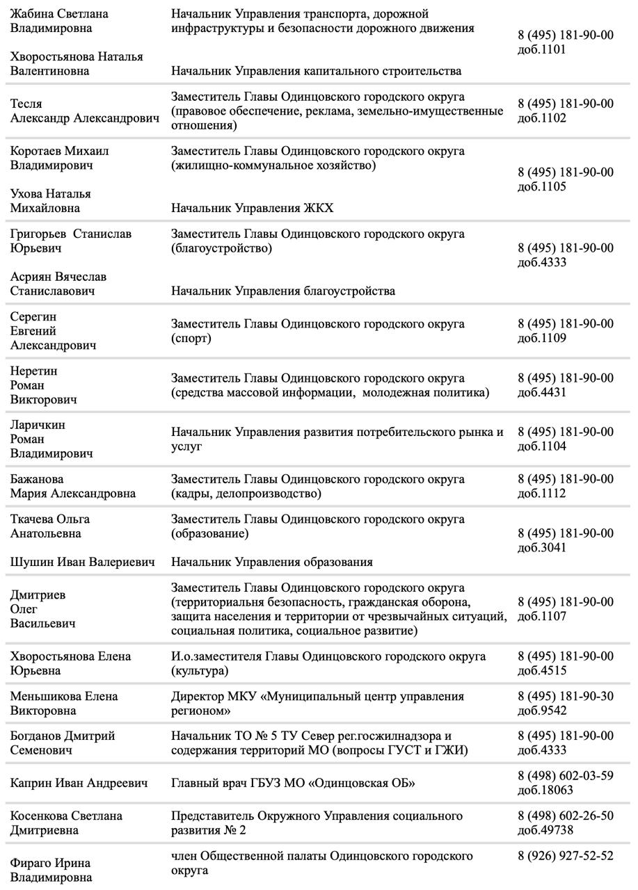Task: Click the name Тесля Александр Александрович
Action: tap(84, 111)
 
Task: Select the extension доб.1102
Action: tap(542, 119)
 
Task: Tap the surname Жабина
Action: tap(33, 14)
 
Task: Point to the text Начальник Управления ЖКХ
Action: tap(252, 208)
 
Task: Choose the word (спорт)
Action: tap(191, 339)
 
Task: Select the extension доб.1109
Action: tap(542, 339)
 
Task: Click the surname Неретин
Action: tap(33, 371)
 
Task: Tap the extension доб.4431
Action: tap(542, 393)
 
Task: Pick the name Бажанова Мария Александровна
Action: tap(72, 487)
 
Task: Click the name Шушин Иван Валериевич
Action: tap(82, 562)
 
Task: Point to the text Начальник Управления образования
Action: tap(272, 562)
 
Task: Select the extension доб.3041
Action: tap(542, 548)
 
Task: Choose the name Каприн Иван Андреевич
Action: tap(79, 784)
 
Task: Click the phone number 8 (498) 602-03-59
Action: tap(566, 776)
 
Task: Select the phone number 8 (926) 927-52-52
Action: tap(566, 856)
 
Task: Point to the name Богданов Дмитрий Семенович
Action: tap(63, 743)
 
